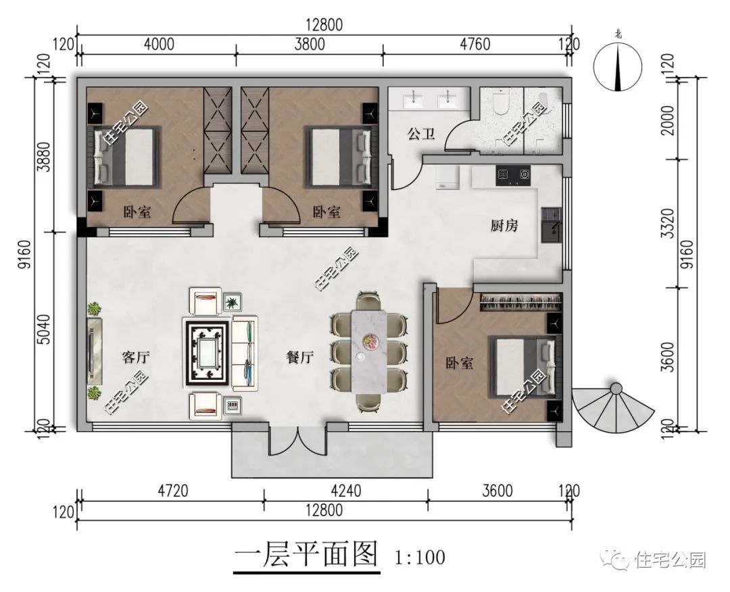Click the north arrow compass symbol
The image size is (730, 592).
pos(617,66)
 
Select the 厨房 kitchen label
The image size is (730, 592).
pos(504,226)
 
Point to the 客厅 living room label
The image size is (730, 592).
pos(135,357)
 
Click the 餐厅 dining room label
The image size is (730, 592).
pos(300,358)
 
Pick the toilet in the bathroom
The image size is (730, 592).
pos(501,103)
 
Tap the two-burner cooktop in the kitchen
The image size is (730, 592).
pos(512,175)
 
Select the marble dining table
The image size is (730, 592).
pos(368,350)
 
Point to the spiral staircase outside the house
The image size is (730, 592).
pos(612,409)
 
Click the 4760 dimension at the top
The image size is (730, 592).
pos(474,45)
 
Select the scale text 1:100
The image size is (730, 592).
pos(420,558)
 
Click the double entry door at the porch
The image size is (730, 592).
pos(298,440)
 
